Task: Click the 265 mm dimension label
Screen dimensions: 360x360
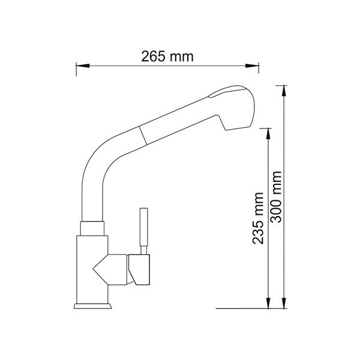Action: pos(167,56)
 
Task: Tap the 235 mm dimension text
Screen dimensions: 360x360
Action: pos(257,218)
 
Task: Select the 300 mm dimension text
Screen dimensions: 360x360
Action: pos(276,197)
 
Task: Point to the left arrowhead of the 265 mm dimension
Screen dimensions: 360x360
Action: pos(82,65)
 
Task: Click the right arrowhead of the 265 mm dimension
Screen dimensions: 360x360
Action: pos(252,65)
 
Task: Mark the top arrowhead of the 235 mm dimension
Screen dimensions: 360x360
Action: pos(268,134)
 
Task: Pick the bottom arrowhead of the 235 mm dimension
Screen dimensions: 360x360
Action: pos(268,303)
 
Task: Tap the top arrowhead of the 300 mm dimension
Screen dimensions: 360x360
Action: pos(284,91)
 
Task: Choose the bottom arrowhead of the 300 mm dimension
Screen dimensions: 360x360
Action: pos(284,303)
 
